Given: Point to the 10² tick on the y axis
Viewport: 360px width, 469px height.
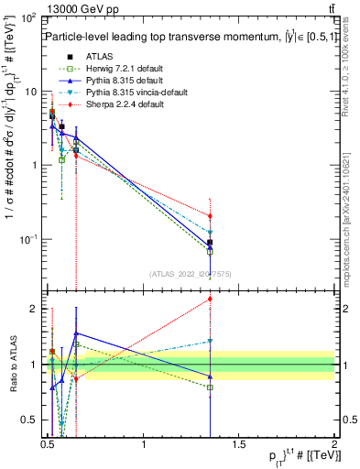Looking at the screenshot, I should pos(30,18).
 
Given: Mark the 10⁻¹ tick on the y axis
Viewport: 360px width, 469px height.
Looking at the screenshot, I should pos(29,239).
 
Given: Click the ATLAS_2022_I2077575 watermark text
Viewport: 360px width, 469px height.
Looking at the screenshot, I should pos(190,273).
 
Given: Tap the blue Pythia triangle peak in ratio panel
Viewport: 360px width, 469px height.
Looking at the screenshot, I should pos(76,334).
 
